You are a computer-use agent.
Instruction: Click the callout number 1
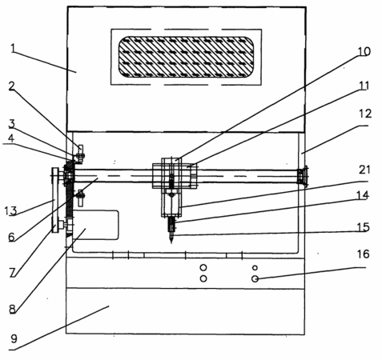click(13, 49)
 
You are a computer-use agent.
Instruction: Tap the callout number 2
click(11, 86)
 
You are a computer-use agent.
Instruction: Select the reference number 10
click(364, 51)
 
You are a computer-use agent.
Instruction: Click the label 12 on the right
click(365, 114)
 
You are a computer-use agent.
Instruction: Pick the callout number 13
click(10, 210)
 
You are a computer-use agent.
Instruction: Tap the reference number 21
click(364, 170)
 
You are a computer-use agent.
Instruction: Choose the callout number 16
click(363, 254)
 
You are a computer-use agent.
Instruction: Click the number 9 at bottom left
click(14, 338)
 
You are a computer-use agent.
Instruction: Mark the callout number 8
click(12, 309)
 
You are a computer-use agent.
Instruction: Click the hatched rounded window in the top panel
click(186, 57)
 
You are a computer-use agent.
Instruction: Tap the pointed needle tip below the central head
click(171, 242)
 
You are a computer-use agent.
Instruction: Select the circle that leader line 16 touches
click(255, 278)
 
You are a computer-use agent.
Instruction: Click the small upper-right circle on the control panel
click(255, 267)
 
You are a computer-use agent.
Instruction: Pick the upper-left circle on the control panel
click(203, 267)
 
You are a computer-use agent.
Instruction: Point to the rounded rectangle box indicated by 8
click(95, 225)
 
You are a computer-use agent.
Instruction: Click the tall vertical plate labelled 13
click(55, 200)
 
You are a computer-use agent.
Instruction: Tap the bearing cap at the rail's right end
click(303, 176)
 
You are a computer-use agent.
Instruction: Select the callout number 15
click(363, 227)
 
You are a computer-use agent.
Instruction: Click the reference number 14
click(363, 195)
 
